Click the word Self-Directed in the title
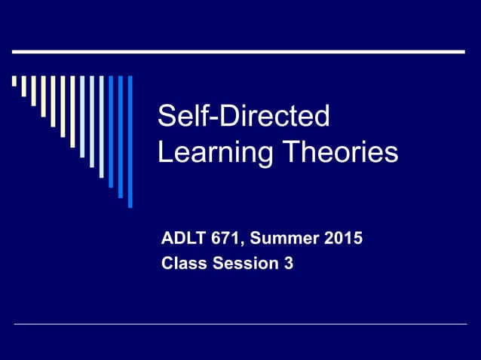[244, 117]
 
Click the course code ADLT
[182, 240]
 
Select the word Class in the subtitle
[182, 264]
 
